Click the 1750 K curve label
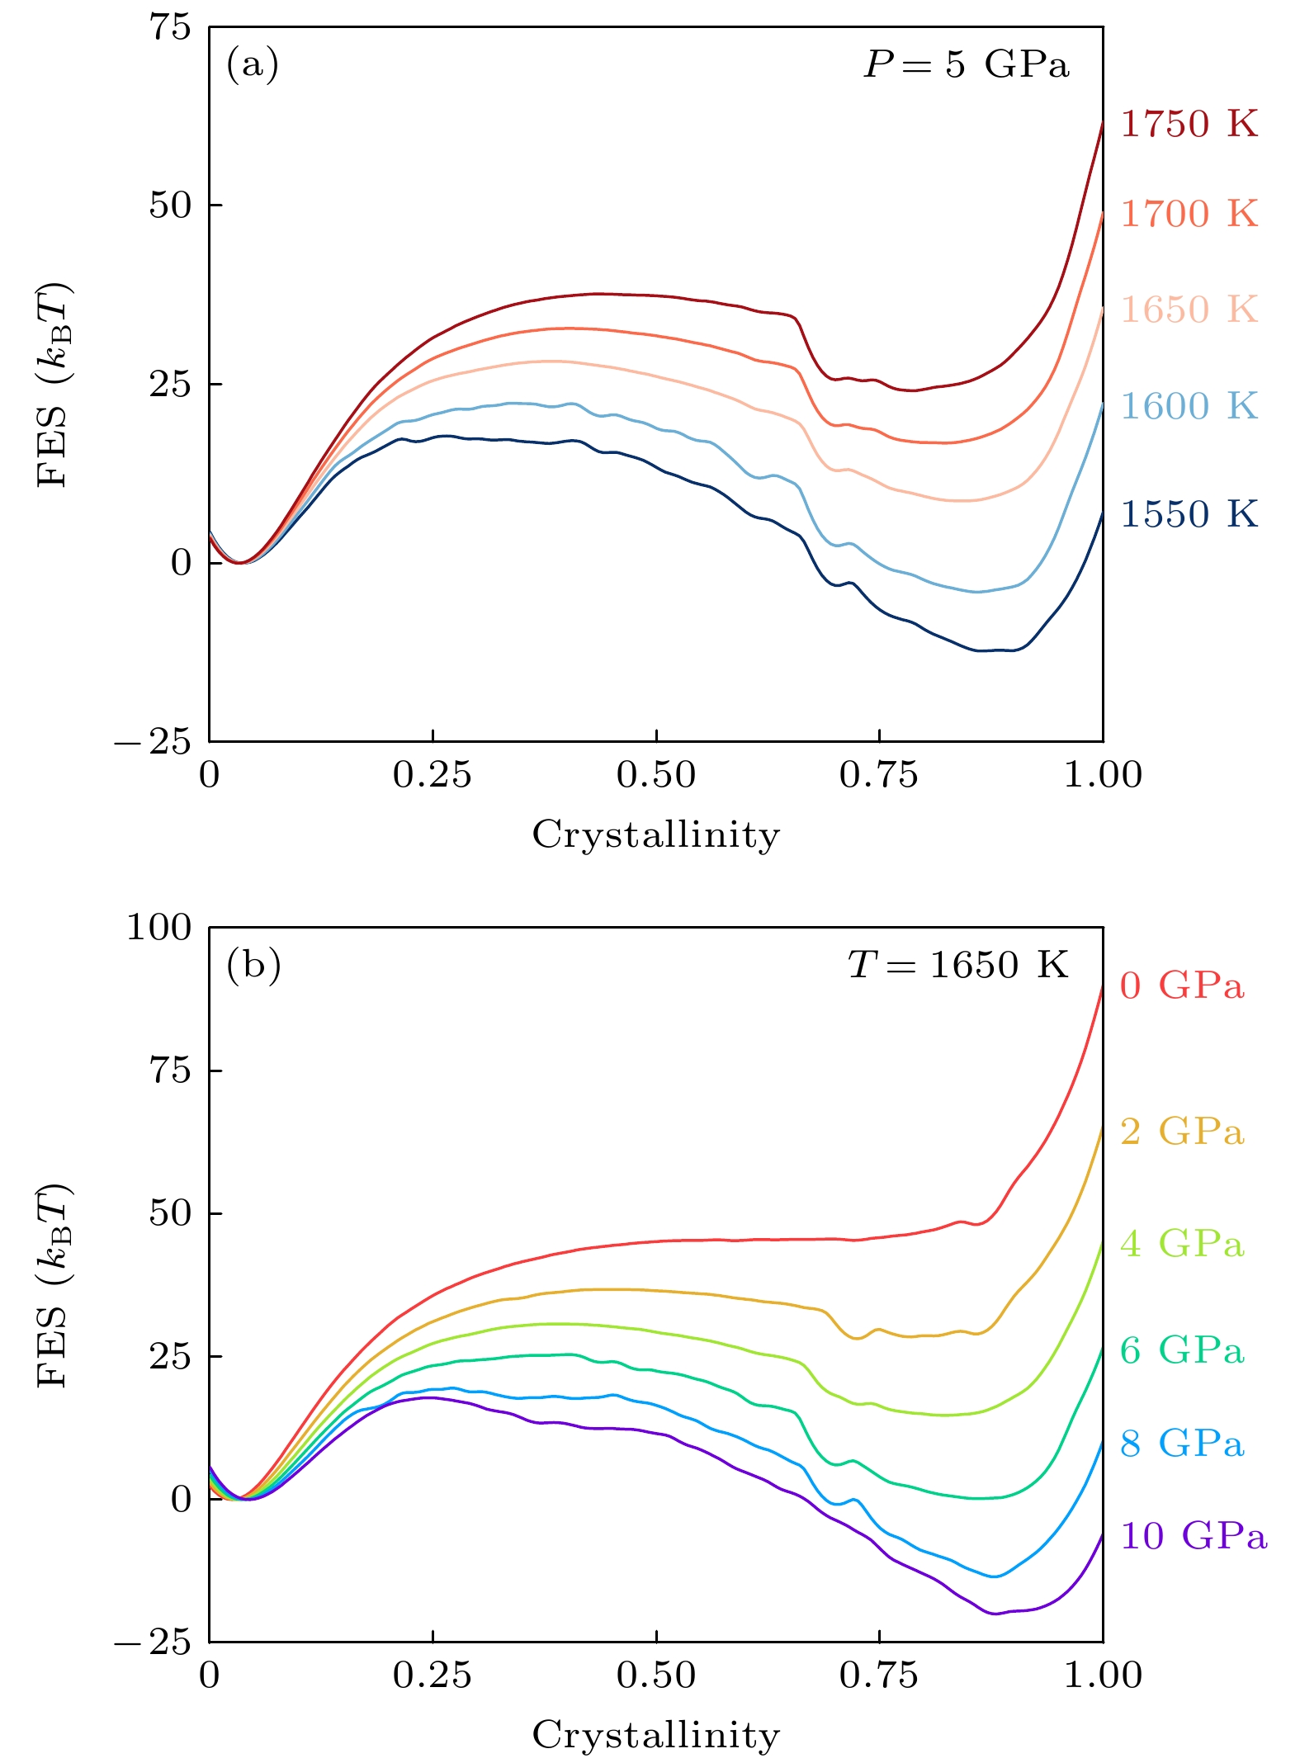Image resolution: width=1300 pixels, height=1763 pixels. [1189, 124]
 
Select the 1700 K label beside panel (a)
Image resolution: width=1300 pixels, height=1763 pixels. [1189, 214]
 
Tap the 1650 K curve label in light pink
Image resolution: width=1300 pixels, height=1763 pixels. [1189, 310]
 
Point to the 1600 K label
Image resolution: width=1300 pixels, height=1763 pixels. [1189, 406]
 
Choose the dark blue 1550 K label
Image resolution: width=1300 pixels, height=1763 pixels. [1189, 514]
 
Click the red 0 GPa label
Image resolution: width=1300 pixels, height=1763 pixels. [1181, 985]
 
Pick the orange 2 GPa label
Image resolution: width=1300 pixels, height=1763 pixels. [1181, 1132]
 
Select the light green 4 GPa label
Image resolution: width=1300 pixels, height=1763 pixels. [1181, 1244]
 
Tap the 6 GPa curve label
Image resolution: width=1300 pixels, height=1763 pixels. [1181, 1350]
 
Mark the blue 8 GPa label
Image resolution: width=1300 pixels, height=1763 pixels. [1181, 1444]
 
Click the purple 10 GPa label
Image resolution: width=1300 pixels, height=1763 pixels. [1193, 1536]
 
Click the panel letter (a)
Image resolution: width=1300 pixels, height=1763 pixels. [253, 64]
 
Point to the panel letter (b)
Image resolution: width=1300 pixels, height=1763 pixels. [253, 964]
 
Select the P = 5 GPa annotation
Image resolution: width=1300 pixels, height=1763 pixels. [966, 64]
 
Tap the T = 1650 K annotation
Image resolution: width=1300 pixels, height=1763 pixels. [957, 964]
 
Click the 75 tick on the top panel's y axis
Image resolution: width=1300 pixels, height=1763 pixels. [169, 26]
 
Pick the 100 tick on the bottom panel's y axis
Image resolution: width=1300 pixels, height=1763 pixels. [158, 927]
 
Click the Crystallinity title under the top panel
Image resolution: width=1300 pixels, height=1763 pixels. [655, 834]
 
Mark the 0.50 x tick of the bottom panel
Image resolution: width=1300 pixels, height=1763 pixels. [655, 1675]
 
